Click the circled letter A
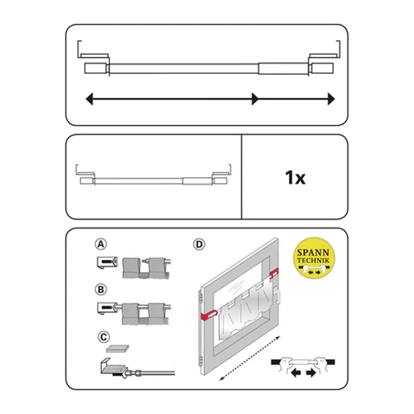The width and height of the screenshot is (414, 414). pyautogui.click(x=101, y=244)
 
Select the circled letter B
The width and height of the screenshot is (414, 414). pyautogui.click(x=101, y=290)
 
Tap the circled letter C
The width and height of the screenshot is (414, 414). pyautogui.click(x=103, y=337)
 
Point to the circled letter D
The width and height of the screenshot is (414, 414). pyautogui.click(x=199, y=244)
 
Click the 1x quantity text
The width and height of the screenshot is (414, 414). pyautogui.click(x=295, y=177)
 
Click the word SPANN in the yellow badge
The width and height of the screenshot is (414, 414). pyautogui.click(x=314, y=253)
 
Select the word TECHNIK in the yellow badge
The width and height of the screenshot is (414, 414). pyautogui.click(x=314, y=260)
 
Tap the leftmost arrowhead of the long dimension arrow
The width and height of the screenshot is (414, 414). pyautogui.click(x=90, y=99)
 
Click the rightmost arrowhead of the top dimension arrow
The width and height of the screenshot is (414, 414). pyautogui.click(x=331, y=99)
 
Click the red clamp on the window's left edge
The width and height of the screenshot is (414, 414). pyautogui.click(x=209, y=315)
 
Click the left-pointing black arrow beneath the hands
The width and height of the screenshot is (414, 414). pyautogui.click(x=296, y=373)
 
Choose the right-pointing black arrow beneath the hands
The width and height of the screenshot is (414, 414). pyautogui.click(x=311, y=373)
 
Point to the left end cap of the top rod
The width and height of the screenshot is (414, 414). pyautogui.click(x=96, y=68)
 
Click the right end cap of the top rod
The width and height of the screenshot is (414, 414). pyautogui.click(x=322, y=68)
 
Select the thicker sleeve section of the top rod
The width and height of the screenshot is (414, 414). pyautogui.click(x=283, y=68)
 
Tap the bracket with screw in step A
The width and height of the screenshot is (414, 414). pyautogui.click(x=107, y=263)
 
